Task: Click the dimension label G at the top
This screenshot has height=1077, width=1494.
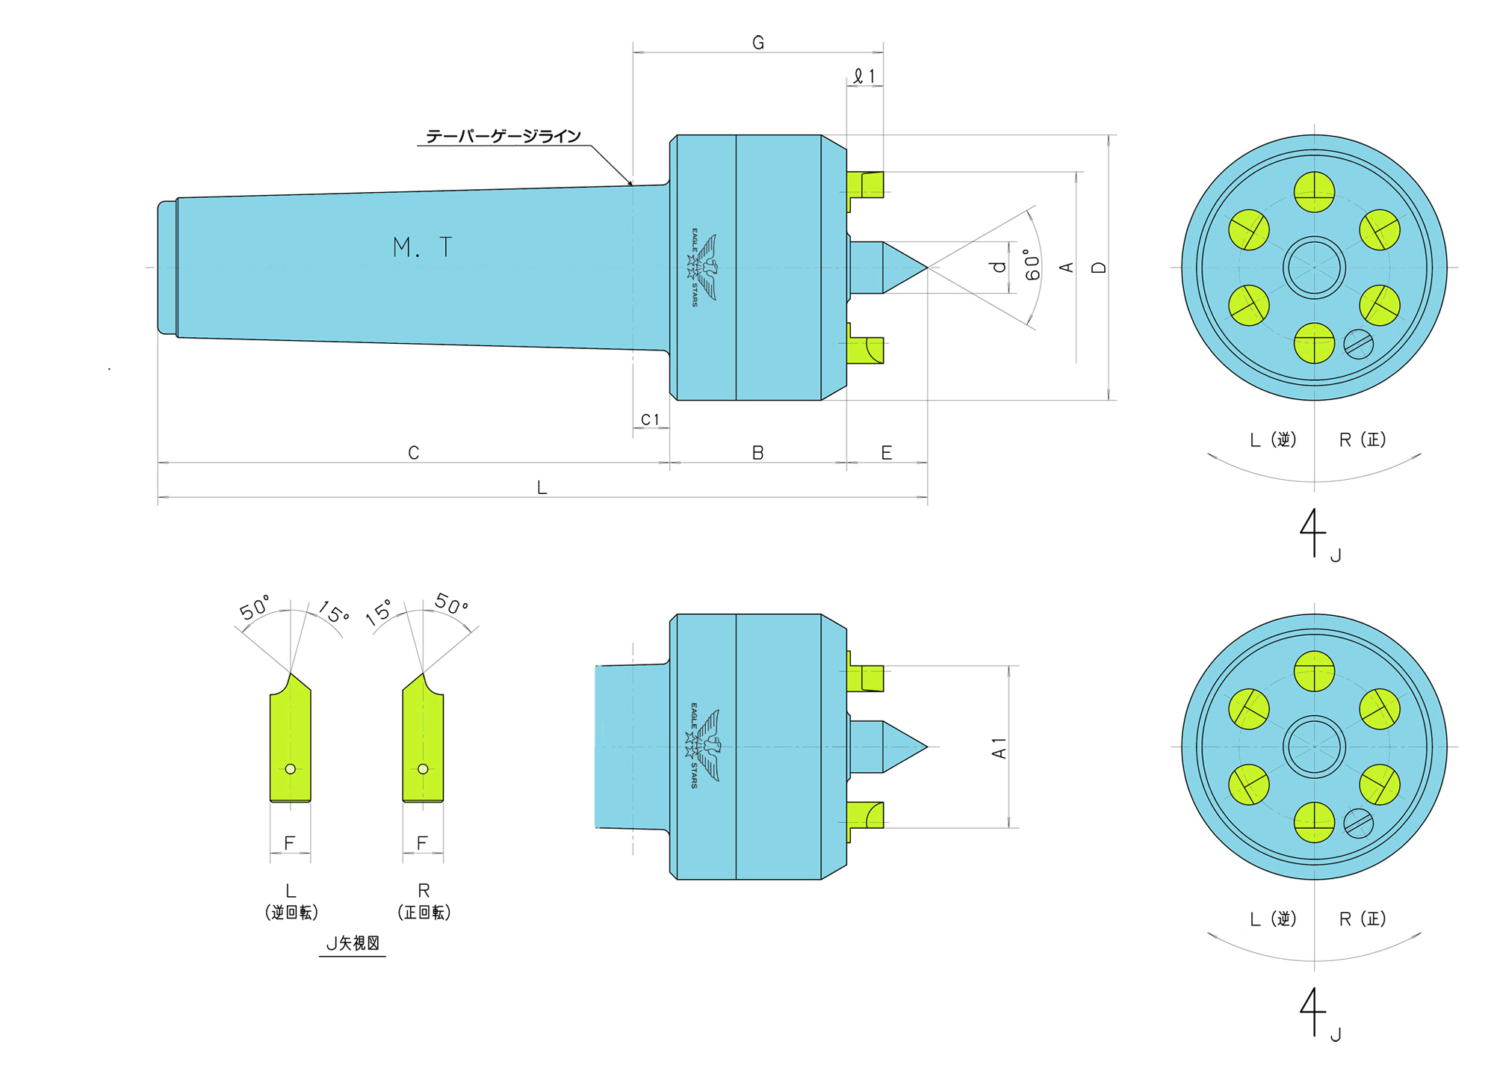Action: click(758, 43)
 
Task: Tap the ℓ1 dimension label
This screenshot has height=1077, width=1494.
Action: click(864, 76)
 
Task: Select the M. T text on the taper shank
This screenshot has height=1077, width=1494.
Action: click(422, 247)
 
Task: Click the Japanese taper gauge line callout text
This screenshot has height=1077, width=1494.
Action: click(503, 136)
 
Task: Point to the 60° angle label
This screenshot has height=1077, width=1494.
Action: click(1032, 265)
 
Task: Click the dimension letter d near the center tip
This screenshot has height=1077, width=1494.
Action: click(999, 267)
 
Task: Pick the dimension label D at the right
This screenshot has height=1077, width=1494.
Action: click(1099, 267)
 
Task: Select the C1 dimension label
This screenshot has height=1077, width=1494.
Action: click(651, 420)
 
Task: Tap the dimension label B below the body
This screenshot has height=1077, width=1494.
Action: click(757, 453)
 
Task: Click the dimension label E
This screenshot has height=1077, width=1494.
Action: click(887, 453)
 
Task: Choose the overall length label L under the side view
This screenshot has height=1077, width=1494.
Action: click(542, 488)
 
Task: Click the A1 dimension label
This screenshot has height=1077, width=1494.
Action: click(999, 748)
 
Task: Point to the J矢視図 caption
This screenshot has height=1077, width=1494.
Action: click(353, 943)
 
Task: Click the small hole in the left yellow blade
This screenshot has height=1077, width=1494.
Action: click(291, 769)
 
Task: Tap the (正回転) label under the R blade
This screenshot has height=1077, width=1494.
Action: click(424, 913)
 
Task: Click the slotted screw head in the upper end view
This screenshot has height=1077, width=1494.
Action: click(1358, 345)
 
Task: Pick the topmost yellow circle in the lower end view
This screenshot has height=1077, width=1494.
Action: click(1314, 671)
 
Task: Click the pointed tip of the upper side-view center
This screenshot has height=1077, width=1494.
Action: click(926, 268)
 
